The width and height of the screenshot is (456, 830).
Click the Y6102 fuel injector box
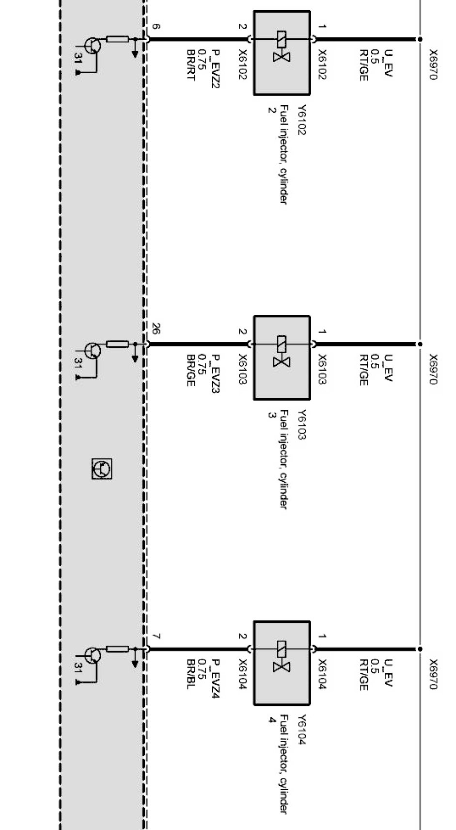[282, 52]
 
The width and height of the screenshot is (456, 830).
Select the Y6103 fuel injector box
[282, 358]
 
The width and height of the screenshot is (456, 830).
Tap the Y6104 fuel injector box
[282, 662]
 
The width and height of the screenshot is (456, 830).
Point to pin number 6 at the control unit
[156, 26]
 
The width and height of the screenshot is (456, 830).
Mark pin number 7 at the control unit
[156, 636]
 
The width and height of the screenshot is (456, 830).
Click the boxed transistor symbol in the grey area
[102, 469]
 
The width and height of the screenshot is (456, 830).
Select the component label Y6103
[301, 425]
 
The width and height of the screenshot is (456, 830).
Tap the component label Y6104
[301, 730]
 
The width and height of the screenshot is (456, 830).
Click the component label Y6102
[301, 120]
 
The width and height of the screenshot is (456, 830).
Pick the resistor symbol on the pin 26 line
[117, 344]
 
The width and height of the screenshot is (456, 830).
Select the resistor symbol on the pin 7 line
[117, 649]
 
